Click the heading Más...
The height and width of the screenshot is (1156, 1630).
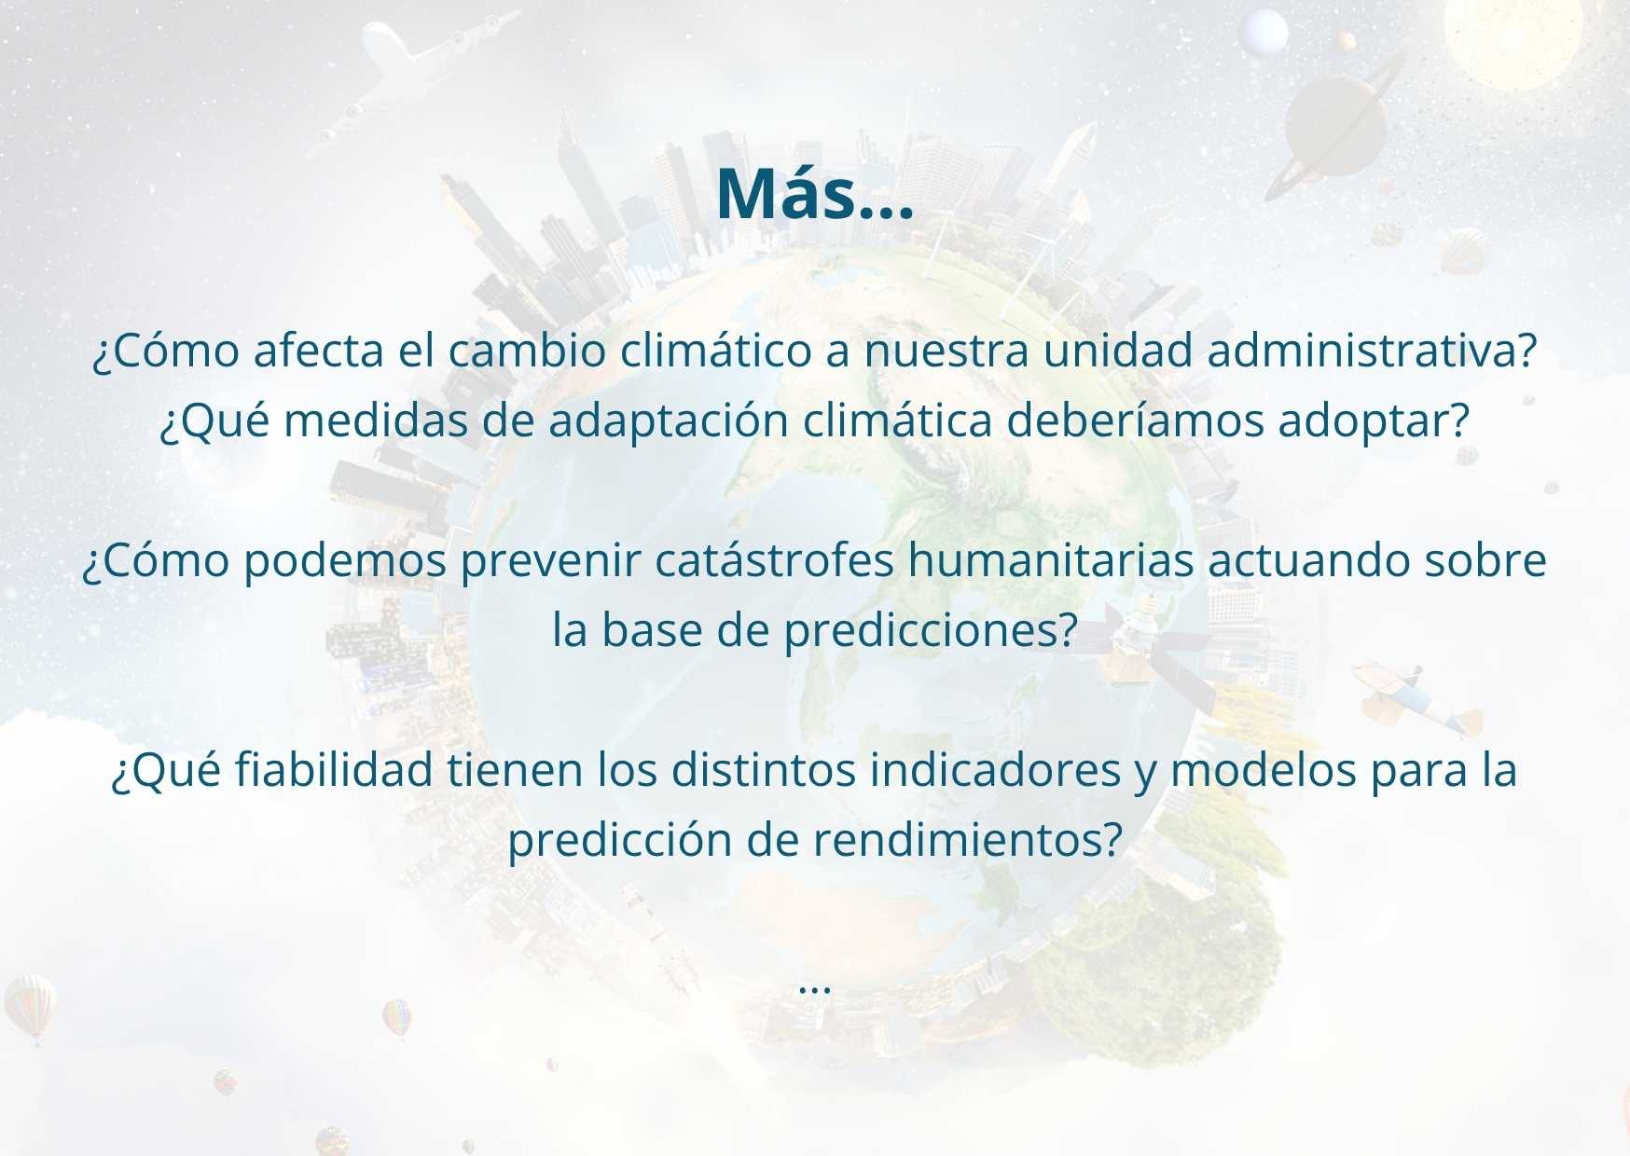(x=814, y=194)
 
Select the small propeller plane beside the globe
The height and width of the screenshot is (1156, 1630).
(x=1417, y=699)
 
